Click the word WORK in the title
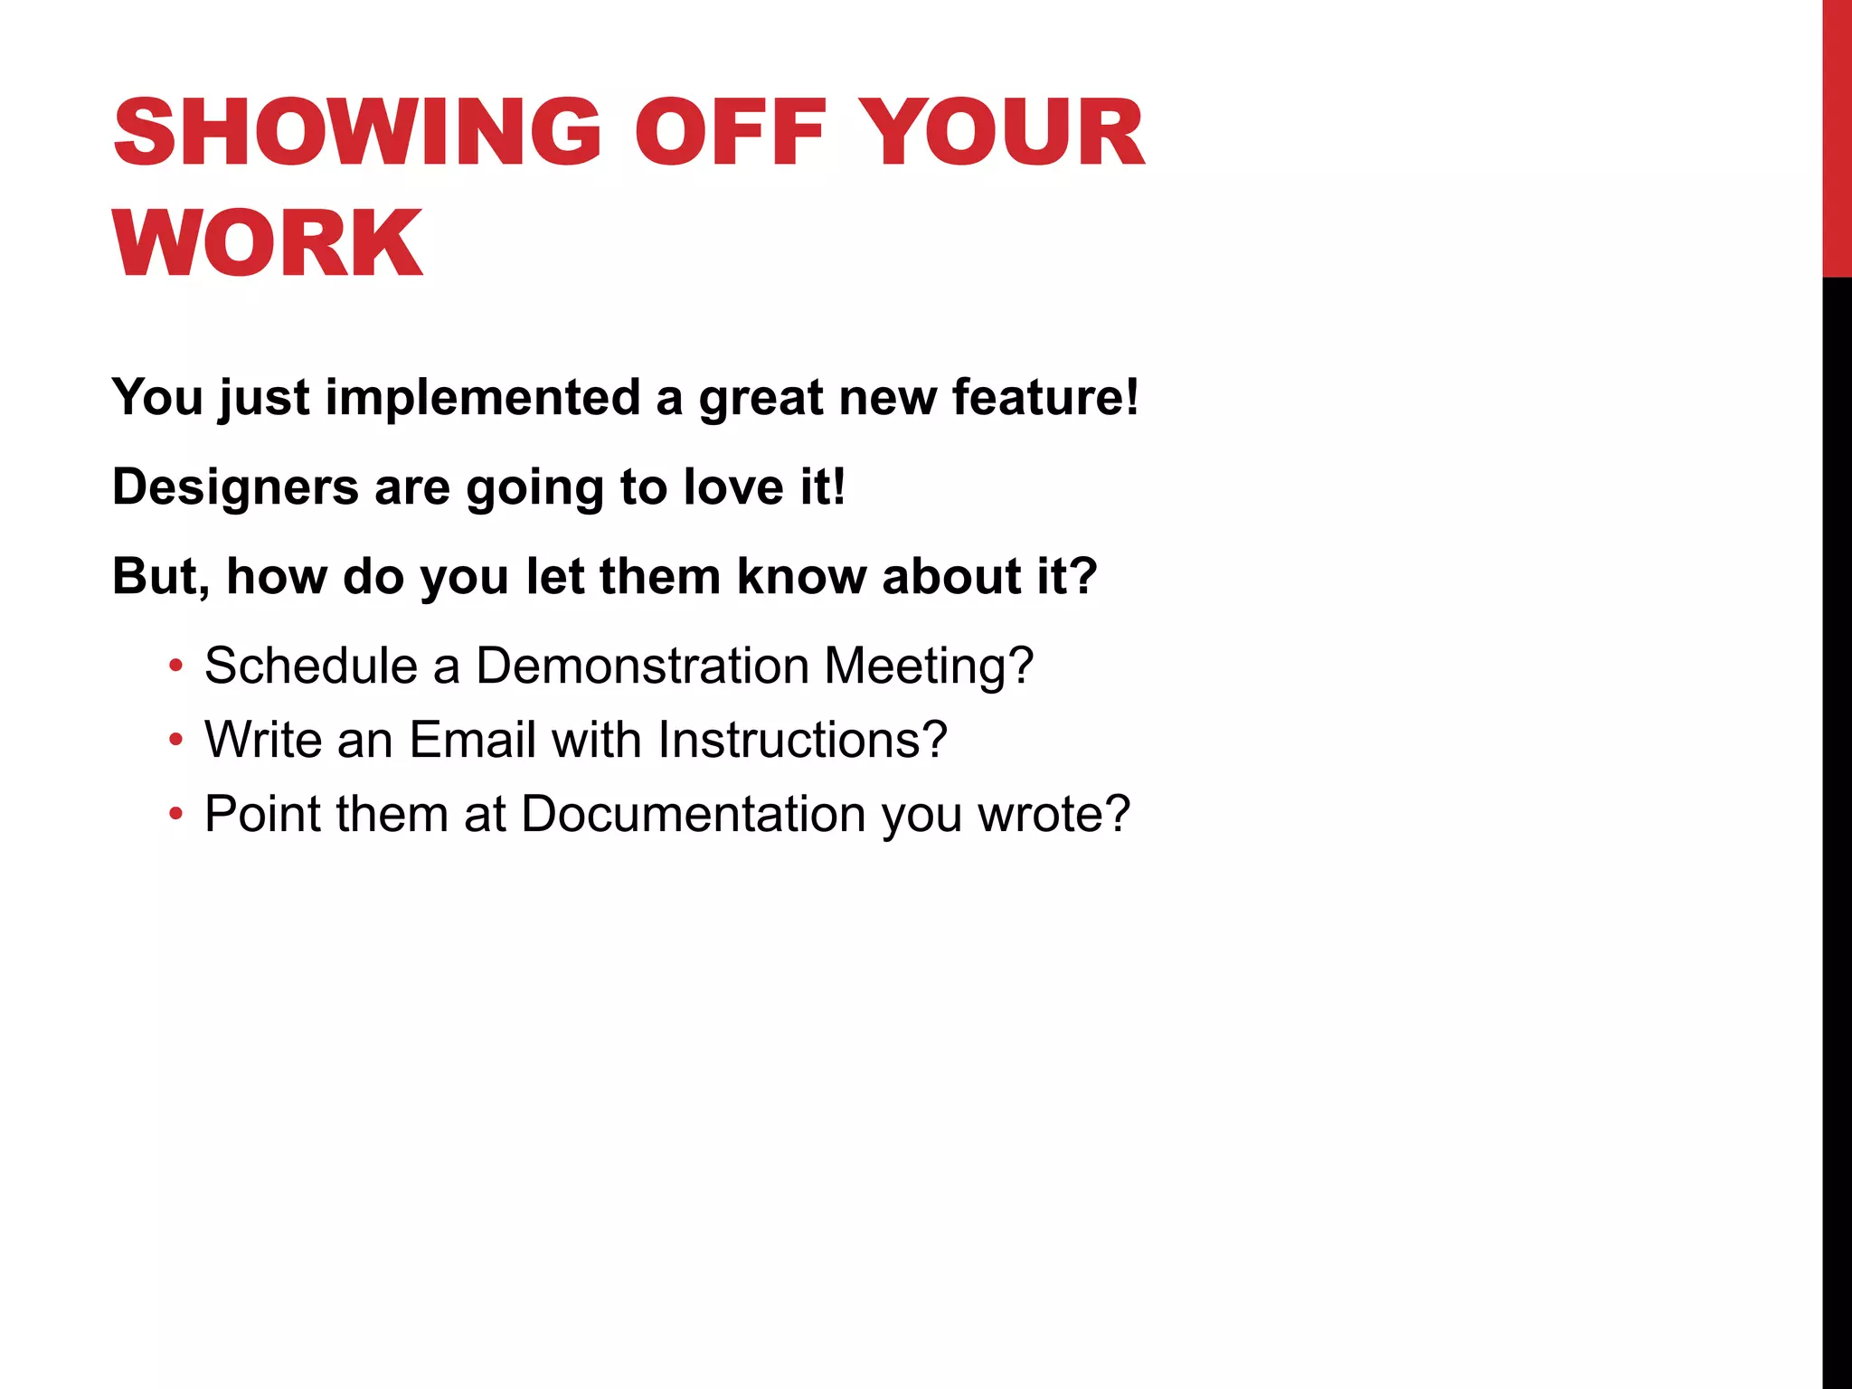268,243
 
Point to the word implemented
483,398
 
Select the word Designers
235,487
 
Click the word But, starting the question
161,577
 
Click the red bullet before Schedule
175,666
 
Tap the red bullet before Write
175,741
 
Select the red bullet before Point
175,814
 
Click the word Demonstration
642,666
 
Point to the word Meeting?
929,666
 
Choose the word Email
473,741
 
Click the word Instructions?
802,741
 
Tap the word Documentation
694,814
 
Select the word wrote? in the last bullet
1054,814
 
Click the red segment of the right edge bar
1837,136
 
